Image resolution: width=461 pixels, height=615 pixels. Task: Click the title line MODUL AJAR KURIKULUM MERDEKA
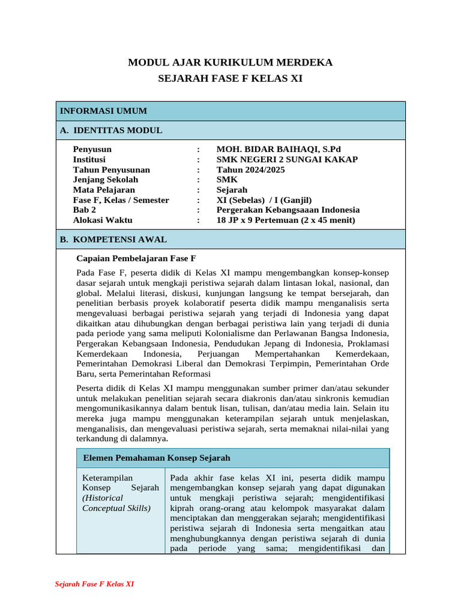(230, 62)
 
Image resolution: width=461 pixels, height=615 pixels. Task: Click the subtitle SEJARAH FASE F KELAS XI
(230, 78)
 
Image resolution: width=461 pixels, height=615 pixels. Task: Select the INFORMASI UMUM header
(103, 111)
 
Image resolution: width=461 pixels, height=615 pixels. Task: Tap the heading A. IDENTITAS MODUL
(111, 130)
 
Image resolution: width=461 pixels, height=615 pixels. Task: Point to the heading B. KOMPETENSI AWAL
(113, 239)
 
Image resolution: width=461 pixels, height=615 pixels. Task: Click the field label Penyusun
(92, 150)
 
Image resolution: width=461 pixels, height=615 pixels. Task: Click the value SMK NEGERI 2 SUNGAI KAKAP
(287, 160)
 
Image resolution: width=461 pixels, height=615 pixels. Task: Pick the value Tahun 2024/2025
(250, 170)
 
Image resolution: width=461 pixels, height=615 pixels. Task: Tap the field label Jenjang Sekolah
(105, 180)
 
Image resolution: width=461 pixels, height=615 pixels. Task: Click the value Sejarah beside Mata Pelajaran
(232, 190)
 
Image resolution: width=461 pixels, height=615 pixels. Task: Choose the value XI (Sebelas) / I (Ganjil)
(264, 200)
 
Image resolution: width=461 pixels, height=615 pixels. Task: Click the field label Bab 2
(84, 210)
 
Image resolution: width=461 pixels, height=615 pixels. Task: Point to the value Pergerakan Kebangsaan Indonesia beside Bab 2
(288, 210)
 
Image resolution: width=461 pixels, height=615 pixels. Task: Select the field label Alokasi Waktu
(103, 220)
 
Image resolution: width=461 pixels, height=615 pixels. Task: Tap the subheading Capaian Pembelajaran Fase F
(136, 259)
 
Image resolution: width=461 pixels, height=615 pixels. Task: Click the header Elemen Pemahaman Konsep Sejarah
(157, 458)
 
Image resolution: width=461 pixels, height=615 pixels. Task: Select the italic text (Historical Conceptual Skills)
(116, 503)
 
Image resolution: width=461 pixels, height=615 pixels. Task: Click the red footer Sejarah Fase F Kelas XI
(94, 584)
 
